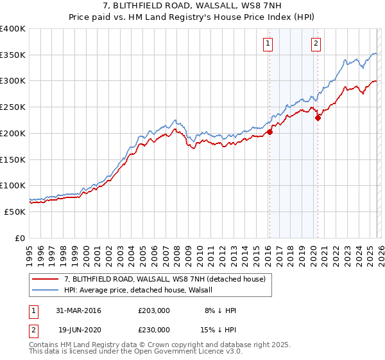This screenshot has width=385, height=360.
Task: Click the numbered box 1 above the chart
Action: pos(267,44)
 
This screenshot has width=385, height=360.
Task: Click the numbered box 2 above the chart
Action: pos(316,44)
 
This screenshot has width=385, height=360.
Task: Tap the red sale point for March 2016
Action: pos(269,132)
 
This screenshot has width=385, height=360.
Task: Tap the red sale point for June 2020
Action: pos(318,118)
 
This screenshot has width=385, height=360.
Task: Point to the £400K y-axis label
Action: pos(13,29)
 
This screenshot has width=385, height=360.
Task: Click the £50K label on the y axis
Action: pos(15,211)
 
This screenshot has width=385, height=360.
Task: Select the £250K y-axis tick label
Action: pos(13,107)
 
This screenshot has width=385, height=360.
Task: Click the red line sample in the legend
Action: pos(46,278)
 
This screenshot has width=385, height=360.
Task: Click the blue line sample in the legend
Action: pos(46,290)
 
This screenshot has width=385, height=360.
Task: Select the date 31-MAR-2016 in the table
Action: pos(80,310)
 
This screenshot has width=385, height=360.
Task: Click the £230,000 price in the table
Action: pos(154,329)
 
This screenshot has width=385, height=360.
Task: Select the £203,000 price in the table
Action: pos(154,310)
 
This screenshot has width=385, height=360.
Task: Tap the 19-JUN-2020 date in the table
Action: pos(80,329)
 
